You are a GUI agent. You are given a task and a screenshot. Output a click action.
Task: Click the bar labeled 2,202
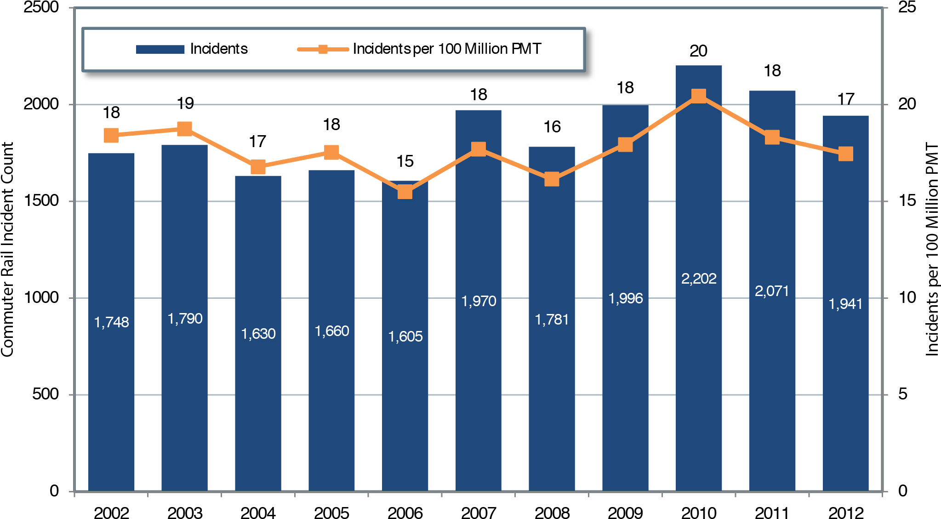[x=698, y=368]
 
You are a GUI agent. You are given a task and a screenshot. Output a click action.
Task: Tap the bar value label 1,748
[x=111, y=322]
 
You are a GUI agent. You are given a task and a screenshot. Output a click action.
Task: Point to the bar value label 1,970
[x=479, y=301]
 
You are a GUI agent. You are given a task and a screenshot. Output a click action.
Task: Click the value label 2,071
[x=772, y=291]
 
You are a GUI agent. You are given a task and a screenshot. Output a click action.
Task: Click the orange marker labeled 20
[x=698, y=96]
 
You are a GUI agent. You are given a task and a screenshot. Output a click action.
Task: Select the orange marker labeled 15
[x=405, y=192]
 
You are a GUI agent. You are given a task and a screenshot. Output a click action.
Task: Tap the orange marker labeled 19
[x=184, y=129]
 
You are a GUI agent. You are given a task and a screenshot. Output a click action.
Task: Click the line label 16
[x=552, y=127]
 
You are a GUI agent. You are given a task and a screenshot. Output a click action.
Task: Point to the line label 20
[x=698, y=51]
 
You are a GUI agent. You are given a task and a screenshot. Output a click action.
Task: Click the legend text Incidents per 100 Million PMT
[x=447, y=49]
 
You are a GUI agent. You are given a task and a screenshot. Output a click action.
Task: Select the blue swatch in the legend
[x=160, y=49]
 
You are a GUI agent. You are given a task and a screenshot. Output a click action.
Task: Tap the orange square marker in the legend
[x=323, y=49]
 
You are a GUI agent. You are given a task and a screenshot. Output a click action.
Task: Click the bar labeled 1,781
[x=552, y=391]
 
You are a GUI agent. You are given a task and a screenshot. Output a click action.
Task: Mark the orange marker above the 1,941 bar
[x=845, y=154]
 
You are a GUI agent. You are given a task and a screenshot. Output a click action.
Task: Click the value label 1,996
[x=625, y=298]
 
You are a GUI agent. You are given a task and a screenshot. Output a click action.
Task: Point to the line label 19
[x=185, y=103]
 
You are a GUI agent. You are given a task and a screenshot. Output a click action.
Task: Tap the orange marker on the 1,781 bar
[x=552, y=179]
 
